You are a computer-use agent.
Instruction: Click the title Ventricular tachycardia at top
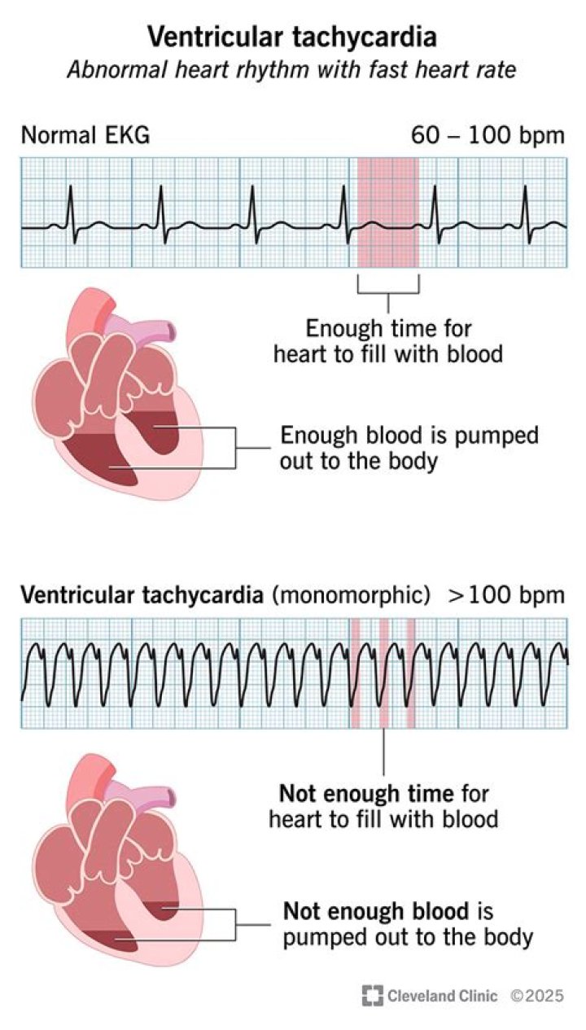pyautogui.click(x=292, y=37)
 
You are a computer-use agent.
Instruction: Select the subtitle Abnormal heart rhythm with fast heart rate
pyautogui.click(x=292, y=70)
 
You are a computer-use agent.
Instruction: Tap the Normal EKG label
pyautogui.click(x=85, y=135)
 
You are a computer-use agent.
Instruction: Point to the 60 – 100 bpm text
pyautogui.click(x=488, y=135)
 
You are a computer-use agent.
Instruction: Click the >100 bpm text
pyautogui.click(x=505, y=595)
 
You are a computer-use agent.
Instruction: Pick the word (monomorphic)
pyautogui.click(x=352, y=595)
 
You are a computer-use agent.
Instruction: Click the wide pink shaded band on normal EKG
pyautogui.click(x=388, y=212)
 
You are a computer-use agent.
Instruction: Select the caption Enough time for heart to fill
pyautogui.click(x=388, y=341)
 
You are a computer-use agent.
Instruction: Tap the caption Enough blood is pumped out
pyautogui.click(x=409, y=447)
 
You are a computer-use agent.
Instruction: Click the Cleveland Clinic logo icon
pyautogui.click(x=373, y=995)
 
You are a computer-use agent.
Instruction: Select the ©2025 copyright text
pyautogui.click(x=536, y=995)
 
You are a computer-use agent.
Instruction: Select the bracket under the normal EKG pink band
pyautogui.click(x=388, y=287)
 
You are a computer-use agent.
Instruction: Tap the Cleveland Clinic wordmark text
pyautogui.click(x=443, y=995)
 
